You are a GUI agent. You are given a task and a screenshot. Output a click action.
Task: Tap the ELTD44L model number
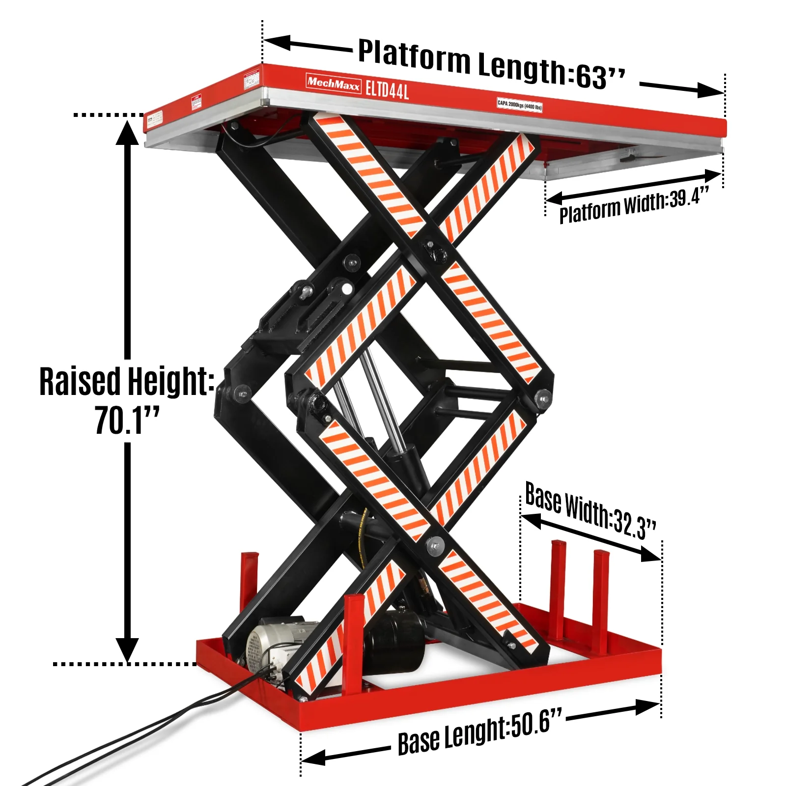[x=387, y=90]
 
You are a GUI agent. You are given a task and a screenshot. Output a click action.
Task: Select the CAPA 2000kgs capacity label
[x=519, y=105]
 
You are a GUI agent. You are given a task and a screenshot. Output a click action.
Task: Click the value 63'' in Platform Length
[x=600, y=76]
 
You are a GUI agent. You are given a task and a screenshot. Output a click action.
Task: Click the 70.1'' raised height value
[x=127, y=421]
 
